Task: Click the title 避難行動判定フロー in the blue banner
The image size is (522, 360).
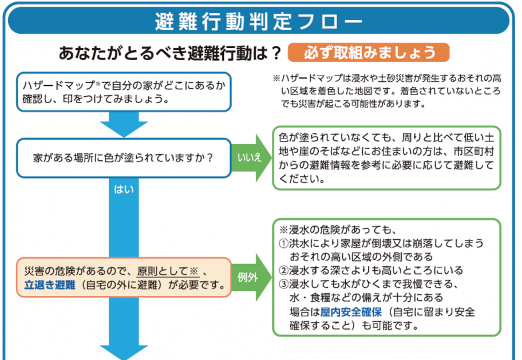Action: tap(258, 21)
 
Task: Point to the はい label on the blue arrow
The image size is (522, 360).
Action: tap(124, 190)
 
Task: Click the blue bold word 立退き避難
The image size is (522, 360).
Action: tap(50, 284)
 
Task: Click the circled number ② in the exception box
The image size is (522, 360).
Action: tap(283, 271)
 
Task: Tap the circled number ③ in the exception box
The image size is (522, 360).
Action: tap(283, 284)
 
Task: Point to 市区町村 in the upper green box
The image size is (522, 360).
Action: tap(473, 152)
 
